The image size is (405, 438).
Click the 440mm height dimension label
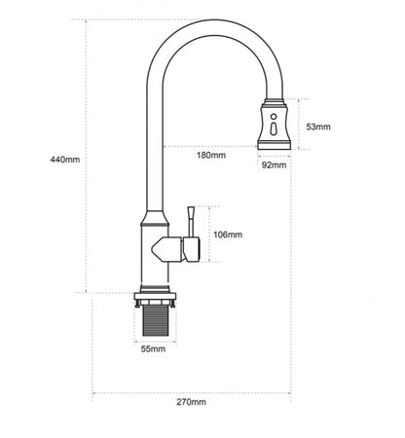pos(65,160)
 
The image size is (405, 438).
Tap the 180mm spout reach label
pos(211,155)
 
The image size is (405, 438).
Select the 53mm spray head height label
pos(318,127)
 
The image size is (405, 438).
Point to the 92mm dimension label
pos(275,165)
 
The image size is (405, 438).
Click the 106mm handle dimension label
pos(228,235)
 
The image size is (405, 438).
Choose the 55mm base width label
pos(153,349)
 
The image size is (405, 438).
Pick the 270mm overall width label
pos(191,402)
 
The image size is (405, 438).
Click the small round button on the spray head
pos(274,116)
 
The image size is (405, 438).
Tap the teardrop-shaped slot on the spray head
pos(274,128)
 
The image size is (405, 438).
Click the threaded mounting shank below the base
pos(156,320)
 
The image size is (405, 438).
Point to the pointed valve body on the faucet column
pos(167,249)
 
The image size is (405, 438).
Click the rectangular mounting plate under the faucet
pos(155,296)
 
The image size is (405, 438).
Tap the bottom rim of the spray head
pos(274,146)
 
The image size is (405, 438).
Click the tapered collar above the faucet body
pos(155,218)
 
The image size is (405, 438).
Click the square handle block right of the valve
pos(191,249)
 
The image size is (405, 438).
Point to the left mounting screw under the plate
pos(138,304)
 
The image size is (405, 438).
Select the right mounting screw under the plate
pos(172,304)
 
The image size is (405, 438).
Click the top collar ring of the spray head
pos(274,101)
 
